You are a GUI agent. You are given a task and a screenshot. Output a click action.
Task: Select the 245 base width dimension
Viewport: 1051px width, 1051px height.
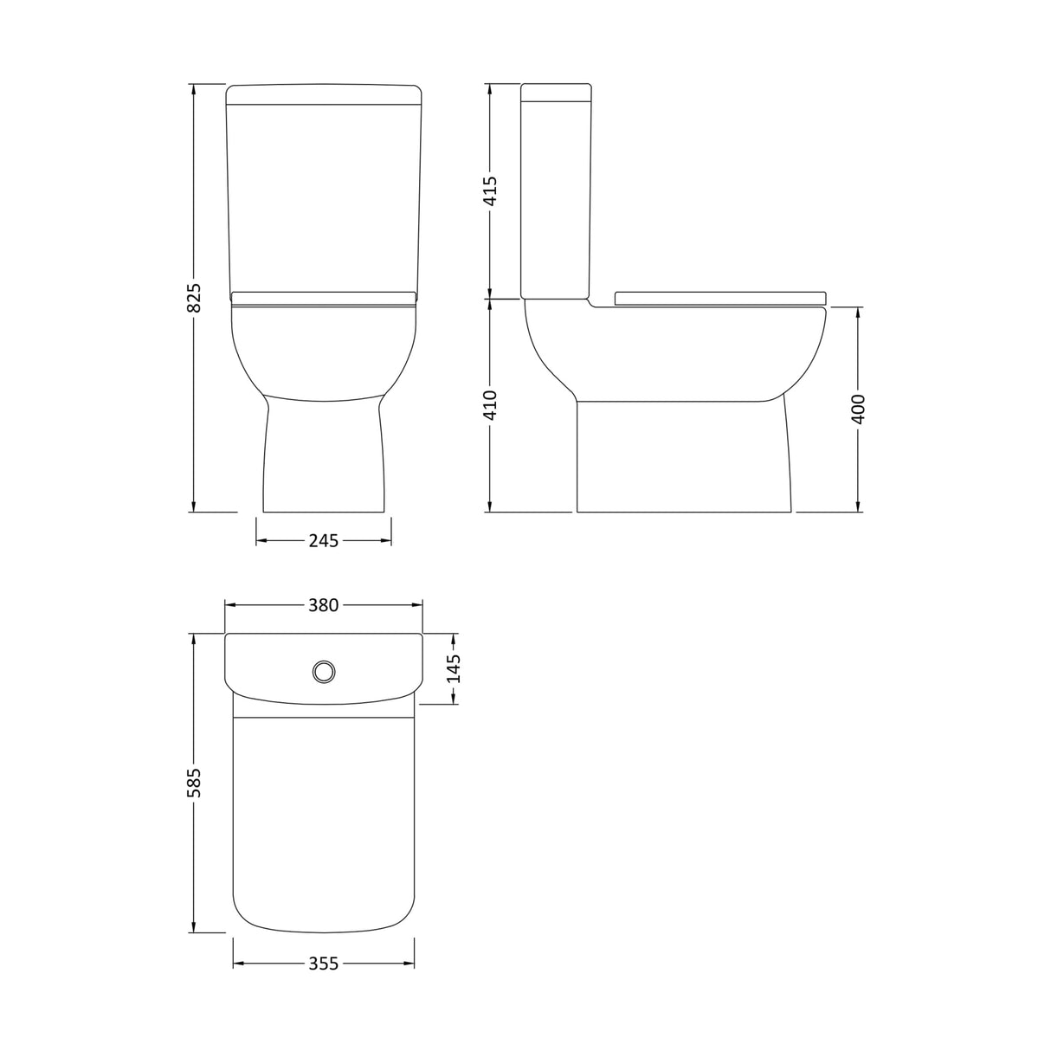(323, 541)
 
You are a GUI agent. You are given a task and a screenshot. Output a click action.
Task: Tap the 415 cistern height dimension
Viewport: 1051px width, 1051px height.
(490, 190)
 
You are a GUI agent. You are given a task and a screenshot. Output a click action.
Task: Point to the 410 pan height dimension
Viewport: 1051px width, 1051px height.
(490, 404)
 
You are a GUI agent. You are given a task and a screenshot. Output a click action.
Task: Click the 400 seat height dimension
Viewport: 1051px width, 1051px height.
(858, 409)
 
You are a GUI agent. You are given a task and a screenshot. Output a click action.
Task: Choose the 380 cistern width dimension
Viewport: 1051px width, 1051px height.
(323, 606)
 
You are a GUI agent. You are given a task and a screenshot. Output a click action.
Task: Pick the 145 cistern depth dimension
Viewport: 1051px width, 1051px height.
(454, 667)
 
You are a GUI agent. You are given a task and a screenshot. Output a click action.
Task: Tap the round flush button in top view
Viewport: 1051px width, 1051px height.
(324, 670)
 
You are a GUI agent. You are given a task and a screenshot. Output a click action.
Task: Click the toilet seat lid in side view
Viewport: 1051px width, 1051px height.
(719, 299)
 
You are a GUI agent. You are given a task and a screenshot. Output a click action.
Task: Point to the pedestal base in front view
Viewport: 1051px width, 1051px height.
(323, 459)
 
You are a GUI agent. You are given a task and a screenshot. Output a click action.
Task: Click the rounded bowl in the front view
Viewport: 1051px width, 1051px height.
(323, 351)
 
